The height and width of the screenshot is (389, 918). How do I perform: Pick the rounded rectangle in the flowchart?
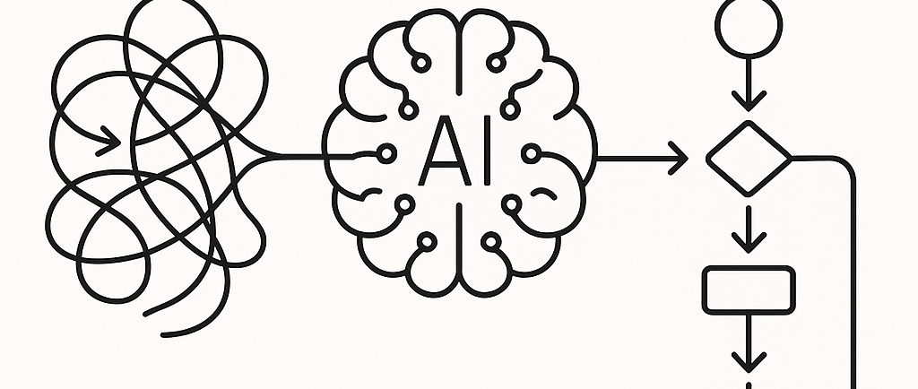(x=749, y=290)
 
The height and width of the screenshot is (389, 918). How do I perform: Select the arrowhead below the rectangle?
(x=749, y=361)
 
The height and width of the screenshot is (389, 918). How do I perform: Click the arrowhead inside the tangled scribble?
(x=111, y=140)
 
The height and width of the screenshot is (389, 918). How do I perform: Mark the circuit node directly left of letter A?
(x=388, y=154)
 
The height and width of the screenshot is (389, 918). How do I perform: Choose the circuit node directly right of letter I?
(x=532, y=154)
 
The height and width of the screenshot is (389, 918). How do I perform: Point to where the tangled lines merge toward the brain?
(x=269, y=158)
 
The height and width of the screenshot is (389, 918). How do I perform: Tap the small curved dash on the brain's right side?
(x=542, y=193)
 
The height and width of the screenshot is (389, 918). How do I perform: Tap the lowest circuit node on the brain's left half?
(x=428, y=240)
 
